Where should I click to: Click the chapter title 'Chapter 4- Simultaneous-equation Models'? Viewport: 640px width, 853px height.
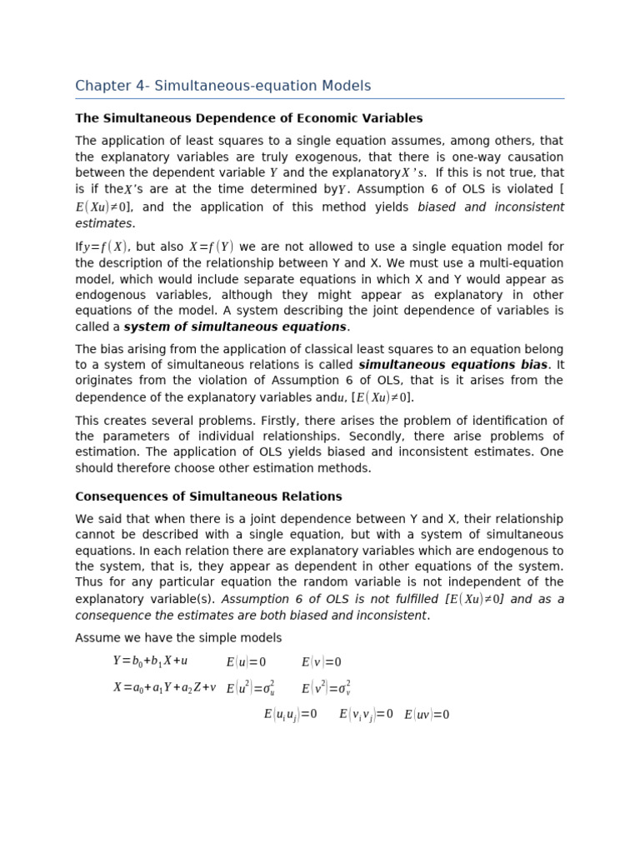222,86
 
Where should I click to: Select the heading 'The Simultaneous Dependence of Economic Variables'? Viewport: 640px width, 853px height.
248,118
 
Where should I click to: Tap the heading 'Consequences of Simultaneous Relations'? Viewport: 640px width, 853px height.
208,496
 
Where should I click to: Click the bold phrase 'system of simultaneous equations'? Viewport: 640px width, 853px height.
235,327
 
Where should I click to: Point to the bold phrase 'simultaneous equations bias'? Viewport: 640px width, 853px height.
452,365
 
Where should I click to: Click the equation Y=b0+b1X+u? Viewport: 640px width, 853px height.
150,661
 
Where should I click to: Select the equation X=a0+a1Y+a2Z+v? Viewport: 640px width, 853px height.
164,687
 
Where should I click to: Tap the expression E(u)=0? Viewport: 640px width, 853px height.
246,662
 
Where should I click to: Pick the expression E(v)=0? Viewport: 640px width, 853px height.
321,662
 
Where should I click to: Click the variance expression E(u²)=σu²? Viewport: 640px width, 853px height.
250,688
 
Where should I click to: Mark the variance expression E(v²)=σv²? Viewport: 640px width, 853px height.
326,688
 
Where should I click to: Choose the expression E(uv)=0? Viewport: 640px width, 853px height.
427,715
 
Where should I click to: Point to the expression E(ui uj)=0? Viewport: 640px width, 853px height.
290,715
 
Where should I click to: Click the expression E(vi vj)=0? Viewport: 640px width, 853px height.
366,715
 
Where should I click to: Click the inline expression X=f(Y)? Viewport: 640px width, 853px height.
212,247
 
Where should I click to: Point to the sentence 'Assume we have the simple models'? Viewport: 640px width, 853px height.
178,638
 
